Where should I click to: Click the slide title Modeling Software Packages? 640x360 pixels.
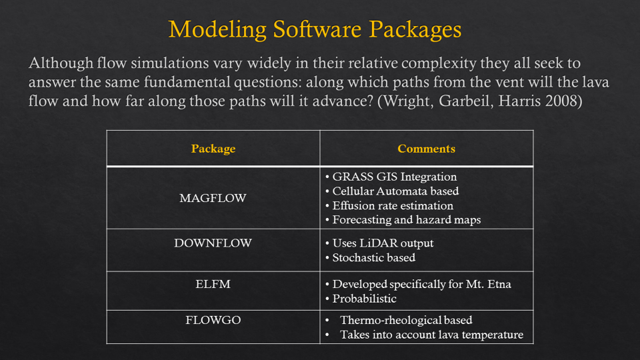[x=315, y=29]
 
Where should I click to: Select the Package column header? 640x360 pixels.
[x=213, y=149]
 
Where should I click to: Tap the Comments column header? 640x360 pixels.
[x=426, y=149]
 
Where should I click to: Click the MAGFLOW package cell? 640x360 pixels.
[x=213, y=198]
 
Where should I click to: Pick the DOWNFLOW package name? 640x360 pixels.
[x=213, y=243]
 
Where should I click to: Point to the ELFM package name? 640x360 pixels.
[x=213, y=284]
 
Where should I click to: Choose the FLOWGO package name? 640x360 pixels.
[x=213, y=319]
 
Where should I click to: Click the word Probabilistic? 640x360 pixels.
[x=364, y=299]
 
